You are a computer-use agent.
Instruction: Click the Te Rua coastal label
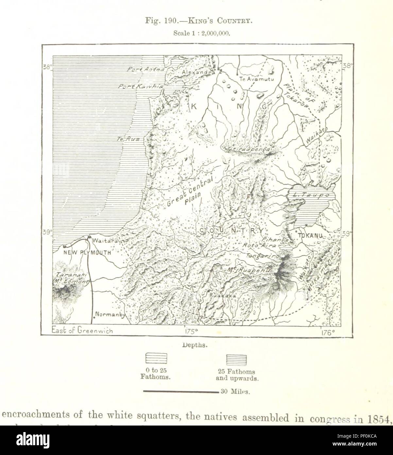[x=129, y=139]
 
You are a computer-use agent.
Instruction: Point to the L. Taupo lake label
[x=308, y=195]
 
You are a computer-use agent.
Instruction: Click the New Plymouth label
[x=87, y=252]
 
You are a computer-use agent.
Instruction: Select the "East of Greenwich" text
[x=82, y=331]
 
